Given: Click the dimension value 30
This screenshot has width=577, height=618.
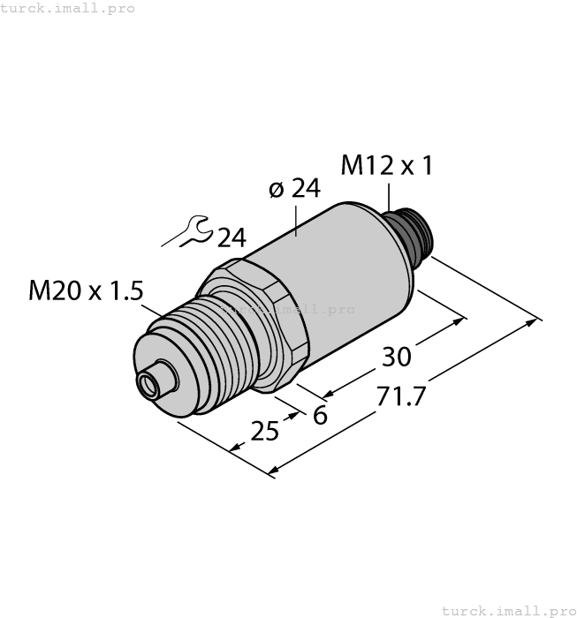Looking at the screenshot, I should [x=396, y=358].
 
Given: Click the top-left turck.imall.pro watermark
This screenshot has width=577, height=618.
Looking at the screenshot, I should [x=68, y=8].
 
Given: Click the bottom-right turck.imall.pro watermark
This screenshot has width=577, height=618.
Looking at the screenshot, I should [x=507, y=610].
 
